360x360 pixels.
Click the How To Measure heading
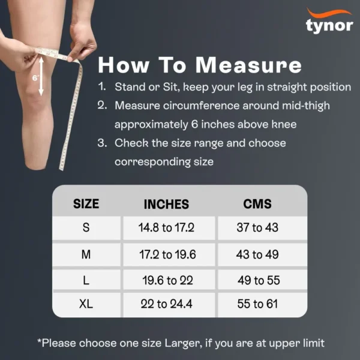point(199,64)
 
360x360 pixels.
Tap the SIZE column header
point(86,203)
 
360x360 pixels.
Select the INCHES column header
point(166,204)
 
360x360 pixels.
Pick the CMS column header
point(257,203)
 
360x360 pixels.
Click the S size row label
point(86,228)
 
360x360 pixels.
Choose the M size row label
point(86,254)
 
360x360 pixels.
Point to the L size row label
point(86,280)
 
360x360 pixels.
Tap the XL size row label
point(86,304)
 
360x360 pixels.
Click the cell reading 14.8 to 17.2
point(167,228)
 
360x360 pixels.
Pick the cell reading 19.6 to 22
point(167,280)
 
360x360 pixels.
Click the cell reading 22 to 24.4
point(166,304)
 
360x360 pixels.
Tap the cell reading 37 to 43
point(257,228)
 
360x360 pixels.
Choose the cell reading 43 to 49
point(257,254)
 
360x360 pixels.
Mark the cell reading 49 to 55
point(259,280)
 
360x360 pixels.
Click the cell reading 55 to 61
point(257,304)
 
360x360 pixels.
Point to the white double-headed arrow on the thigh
point(41,76)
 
